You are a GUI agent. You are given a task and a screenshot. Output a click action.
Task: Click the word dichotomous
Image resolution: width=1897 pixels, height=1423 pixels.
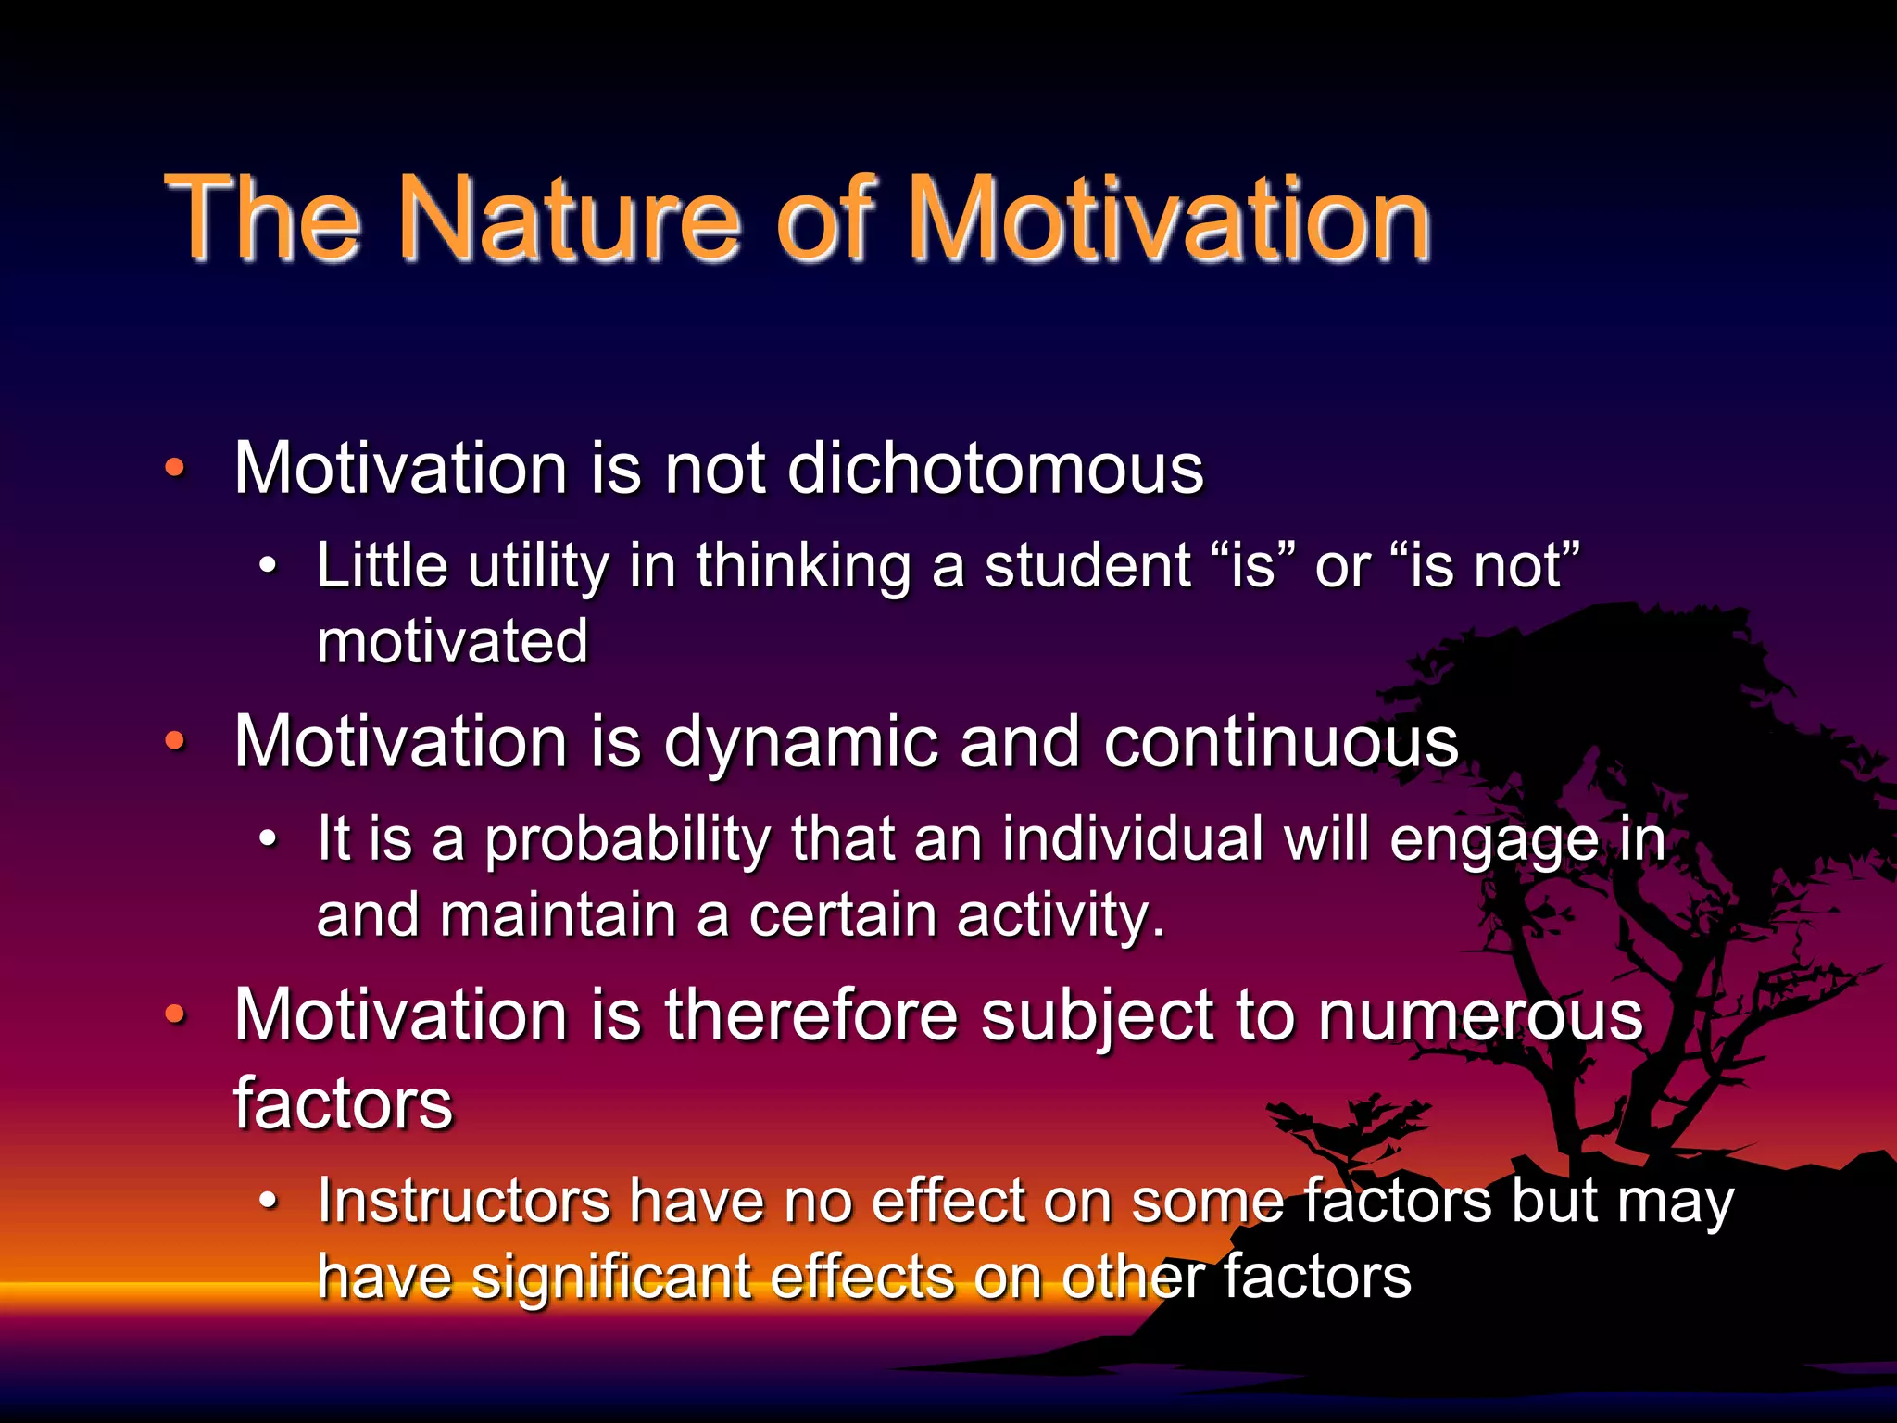pos(996,467)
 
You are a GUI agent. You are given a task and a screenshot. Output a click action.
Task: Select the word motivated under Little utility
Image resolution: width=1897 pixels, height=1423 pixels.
pos(452,641)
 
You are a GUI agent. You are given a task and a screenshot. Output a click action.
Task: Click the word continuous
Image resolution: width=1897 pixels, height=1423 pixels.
pos(1280,743)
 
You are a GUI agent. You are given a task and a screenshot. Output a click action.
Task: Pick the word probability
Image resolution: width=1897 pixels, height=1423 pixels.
pos(628,839)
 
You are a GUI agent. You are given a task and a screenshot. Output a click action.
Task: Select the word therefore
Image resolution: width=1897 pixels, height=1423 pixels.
pos(810,1015)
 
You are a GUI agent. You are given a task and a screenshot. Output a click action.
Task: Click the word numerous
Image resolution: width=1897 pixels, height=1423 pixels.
pos(1479,1015)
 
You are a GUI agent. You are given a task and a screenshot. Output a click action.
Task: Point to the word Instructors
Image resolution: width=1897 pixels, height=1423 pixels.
pos(463,1201)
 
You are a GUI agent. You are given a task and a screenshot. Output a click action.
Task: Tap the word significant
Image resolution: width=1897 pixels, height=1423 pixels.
pos(611,1277)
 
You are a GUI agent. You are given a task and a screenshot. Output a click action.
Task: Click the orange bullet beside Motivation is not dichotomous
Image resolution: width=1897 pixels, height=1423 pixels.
pos(174,468)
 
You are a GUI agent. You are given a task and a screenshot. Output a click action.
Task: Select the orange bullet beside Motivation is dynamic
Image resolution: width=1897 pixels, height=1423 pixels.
pos(174,741)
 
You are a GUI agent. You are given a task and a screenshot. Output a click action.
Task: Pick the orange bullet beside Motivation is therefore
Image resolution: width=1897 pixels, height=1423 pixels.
pos(174,1014)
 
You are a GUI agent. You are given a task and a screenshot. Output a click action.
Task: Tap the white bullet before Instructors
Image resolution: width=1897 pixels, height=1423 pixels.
pos(268,1201)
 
